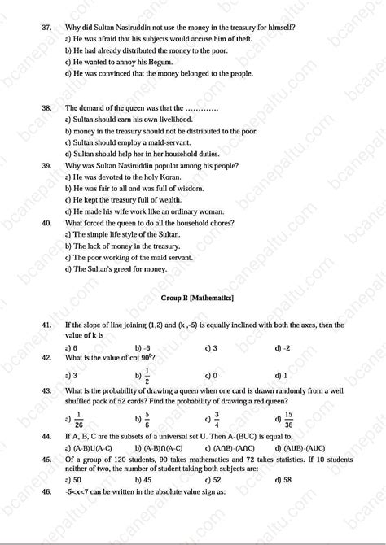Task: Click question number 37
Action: pos(46,28)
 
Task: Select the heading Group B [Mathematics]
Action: pos(197,299)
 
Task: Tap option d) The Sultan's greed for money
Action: pos(116,268)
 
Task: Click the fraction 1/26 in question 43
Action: pos(79,419)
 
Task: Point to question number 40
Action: pos(46,222)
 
